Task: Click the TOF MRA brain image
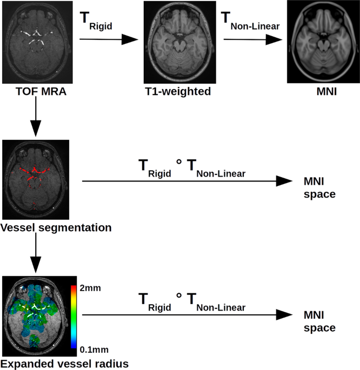coord(35,41)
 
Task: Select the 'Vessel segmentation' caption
coord(56,227)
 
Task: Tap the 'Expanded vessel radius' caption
coord(64,364)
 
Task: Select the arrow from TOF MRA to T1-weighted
coord(109,39)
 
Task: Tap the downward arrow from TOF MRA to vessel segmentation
coord(35,119)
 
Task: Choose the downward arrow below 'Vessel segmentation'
coord(35,254)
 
